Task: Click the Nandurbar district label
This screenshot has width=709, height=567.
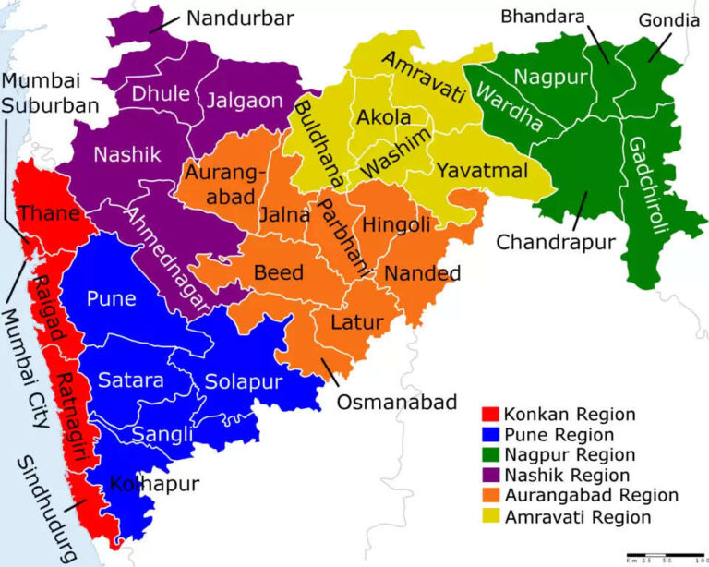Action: [x=240, y=18]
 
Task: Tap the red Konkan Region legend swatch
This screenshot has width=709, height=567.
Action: [x=492, y=414]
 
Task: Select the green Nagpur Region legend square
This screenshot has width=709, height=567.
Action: [x=492, y=455]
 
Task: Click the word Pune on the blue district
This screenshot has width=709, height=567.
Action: [x=111, y=299]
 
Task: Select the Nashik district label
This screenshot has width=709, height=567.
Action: [x=126, y=154]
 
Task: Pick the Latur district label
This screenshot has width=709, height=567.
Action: [x=350, y=323]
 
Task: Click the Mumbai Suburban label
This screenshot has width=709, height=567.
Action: [x=48, y=92]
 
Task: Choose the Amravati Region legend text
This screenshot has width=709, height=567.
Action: [x=578, y=517]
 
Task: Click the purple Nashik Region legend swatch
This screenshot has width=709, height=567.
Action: [x=492, y=476]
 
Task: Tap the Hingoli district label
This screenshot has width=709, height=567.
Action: [x=397, y=224]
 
